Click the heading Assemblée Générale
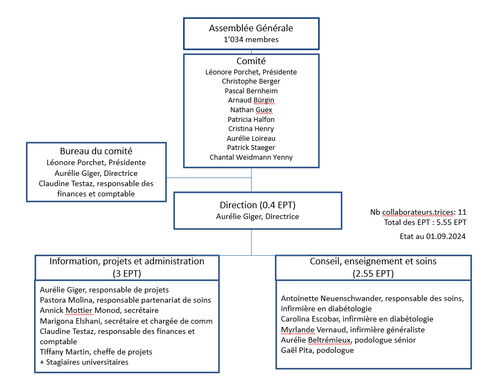coord(251,28)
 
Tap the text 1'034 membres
coord(251,39)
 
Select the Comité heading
coord(251,61)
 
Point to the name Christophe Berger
coord(251,81)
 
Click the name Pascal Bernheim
coord(251,91)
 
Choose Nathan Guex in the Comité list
coord(251,110)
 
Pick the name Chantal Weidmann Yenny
coord(251,158)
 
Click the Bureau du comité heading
coord(96,151)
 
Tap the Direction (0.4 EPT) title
coord(258,205)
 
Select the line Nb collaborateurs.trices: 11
coord(418,212)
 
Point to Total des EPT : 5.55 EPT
coord(425,222)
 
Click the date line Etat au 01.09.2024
coord(433,236)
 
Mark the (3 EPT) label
coord(127,273)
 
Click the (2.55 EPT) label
coord(373,273)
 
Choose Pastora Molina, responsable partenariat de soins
coord(125,300)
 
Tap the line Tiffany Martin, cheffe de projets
coord(96,352)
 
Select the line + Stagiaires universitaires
coord(84,362)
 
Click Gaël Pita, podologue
coord(318,350)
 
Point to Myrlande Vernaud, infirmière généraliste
coord(353,330)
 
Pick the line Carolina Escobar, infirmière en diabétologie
coord(357,319)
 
